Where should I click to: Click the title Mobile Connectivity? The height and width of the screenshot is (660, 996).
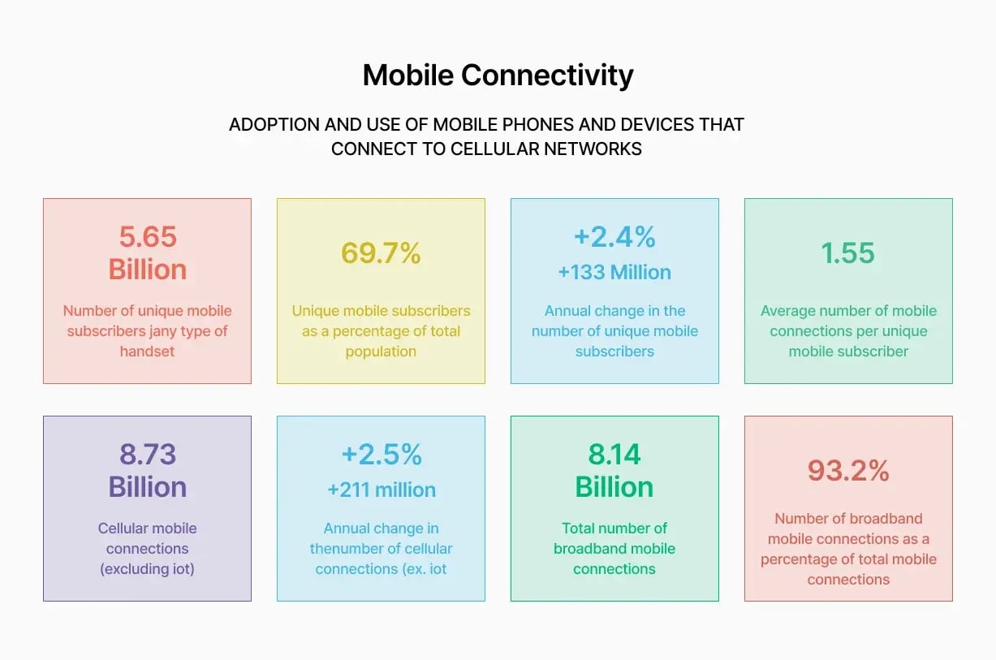[498, 75]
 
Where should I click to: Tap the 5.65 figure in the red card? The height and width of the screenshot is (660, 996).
[147, 236]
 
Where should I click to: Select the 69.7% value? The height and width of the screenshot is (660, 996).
[381, 253]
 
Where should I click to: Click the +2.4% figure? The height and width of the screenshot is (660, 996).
[614, 236]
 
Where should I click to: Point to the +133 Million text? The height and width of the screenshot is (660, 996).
[614, 272]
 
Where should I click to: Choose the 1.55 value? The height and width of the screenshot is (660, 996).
[848, 253]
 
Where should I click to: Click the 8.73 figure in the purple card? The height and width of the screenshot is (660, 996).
[147, 455]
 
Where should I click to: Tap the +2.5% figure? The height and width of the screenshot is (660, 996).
[381, 455]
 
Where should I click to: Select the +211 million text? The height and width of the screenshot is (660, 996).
[381, 490]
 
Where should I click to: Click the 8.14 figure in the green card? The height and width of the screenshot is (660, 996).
[614, 455]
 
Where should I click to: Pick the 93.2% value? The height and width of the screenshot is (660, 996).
[848, 470]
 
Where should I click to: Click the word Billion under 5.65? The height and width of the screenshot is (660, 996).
[147, 270]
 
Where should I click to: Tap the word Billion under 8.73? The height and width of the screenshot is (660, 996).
[147, 487]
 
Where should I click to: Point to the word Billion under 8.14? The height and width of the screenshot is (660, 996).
[614, 487]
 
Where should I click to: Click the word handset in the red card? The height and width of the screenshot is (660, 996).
[147, 352]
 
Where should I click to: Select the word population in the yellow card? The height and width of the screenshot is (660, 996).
[381, 352]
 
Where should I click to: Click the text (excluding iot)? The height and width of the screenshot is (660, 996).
[147, 569]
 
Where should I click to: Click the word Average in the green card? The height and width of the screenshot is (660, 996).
[788, 311]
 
